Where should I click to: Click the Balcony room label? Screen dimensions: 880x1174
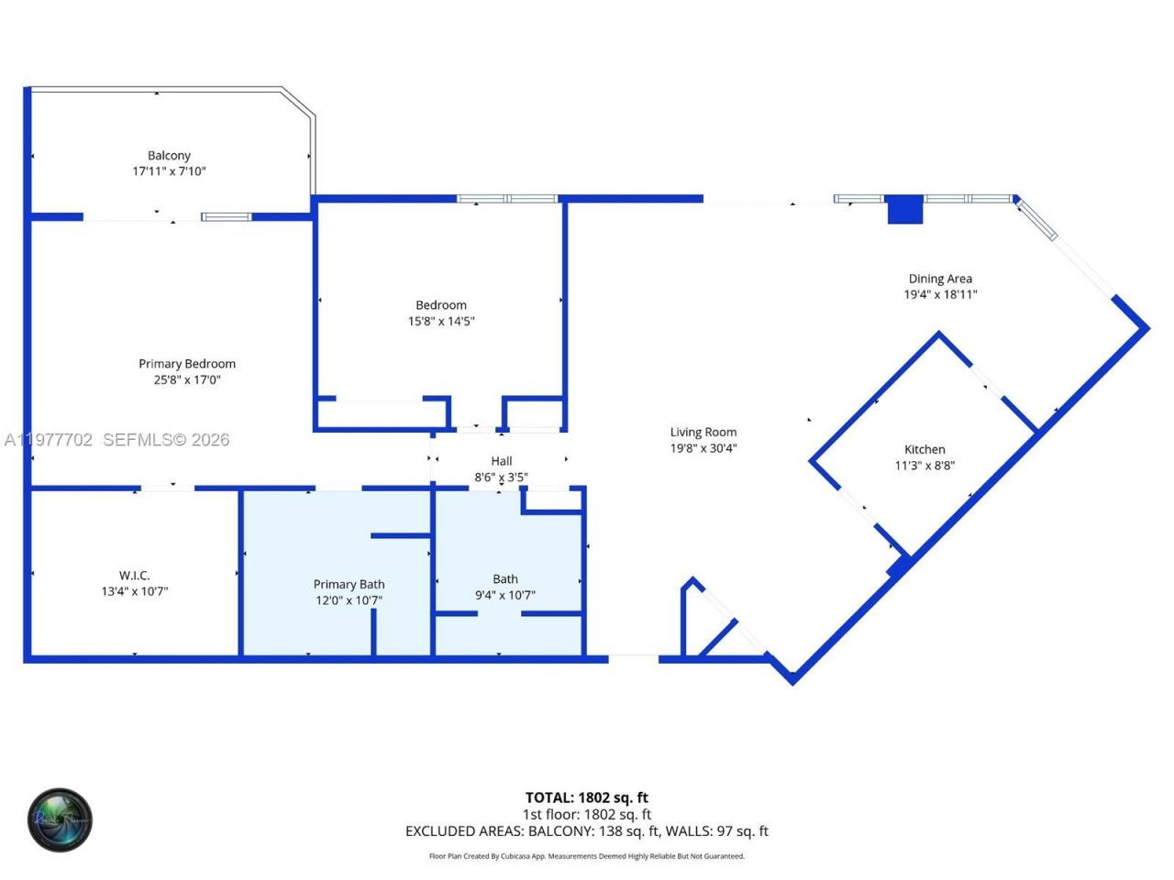click(169, 156)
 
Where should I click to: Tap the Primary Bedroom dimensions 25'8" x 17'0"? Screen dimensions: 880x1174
click(187, 379)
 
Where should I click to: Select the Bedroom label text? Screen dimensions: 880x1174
click(441, 305)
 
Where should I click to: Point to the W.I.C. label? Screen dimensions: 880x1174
click(134, 576)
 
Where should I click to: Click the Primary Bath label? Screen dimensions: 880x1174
click(349, 585)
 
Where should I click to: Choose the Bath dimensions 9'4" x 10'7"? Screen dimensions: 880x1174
click(505, 595)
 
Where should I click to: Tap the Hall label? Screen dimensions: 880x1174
click(501, 461)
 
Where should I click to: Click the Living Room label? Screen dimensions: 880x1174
click(703, 433)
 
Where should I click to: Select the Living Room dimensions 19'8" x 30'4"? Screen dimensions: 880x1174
click(703, 448)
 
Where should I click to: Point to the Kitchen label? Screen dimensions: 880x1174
click(925, 449)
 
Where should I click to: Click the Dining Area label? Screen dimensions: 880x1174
click(940, 279)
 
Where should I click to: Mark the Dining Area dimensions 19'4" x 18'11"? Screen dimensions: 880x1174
click(940, 294)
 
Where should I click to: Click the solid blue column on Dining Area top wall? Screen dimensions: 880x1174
click(904, 209)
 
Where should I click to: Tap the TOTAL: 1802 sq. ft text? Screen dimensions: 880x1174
click(586, 797)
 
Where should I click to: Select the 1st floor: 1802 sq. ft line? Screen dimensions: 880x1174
click(586, 814)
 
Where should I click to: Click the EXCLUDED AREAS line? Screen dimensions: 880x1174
click(586, 831)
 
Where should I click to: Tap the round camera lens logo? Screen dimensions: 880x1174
click(60, 819)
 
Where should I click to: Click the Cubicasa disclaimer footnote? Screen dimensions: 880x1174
click(586, 856)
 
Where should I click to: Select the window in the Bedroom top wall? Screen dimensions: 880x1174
click(507, 199)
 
